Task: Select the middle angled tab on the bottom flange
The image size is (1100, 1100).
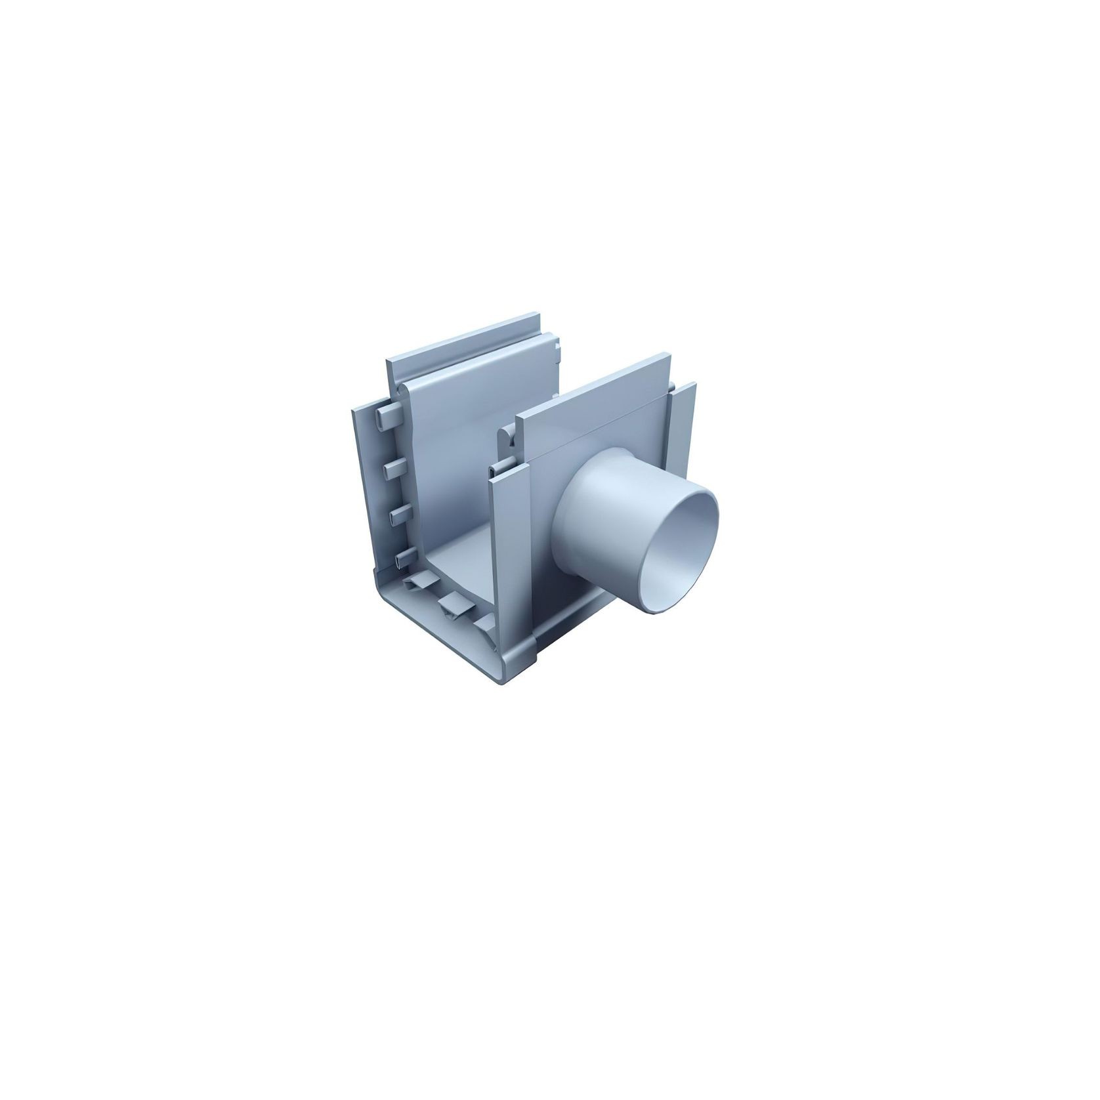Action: pos(453,603)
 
